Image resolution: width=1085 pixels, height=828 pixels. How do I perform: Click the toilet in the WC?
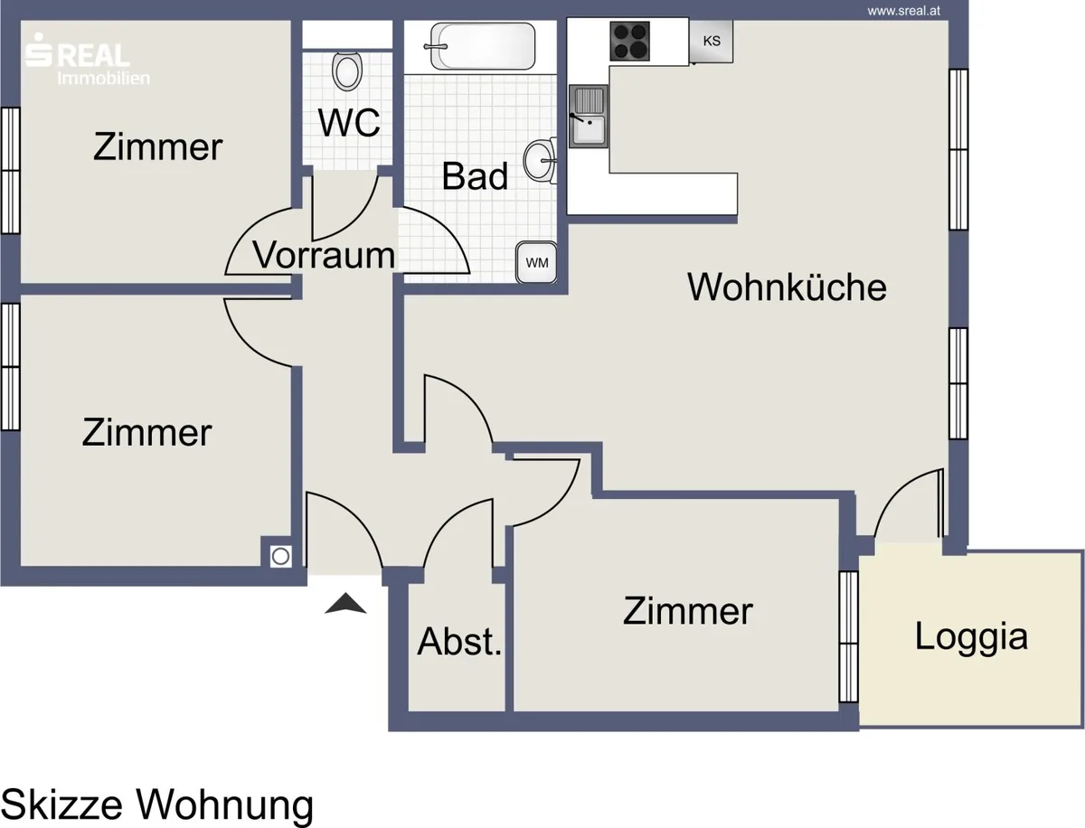(347, 71)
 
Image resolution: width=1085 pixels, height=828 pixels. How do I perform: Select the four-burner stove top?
(629, 41)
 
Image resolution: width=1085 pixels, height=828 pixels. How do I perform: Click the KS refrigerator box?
(712, 41)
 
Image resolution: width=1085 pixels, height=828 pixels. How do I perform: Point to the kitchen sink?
(589, 116)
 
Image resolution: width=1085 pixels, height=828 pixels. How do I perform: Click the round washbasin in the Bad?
(539, 161)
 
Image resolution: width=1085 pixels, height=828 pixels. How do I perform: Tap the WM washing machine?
(536, 262)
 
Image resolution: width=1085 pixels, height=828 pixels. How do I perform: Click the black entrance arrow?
(345, 603)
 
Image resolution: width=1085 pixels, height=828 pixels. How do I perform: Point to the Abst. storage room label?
(459, 642)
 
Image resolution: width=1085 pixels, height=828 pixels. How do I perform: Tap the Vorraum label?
(324, 255)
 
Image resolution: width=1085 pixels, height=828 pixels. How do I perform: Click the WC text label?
(349, 122)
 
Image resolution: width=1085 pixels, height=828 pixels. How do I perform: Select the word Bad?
(475, 176)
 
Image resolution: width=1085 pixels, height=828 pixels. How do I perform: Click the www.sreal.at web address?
(903, 11)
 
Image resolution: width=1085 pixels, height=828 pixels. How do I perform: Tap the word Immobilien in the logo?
(103, 78)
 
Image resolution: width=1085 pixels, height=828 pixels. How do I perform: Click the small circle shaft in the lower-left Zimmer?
(281, 556)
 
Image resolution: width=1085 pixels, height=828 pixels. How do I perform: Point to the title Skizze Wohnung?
(157, 804)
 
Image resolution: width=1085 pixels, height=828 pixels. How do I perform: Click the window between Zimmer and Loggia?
(849, 636)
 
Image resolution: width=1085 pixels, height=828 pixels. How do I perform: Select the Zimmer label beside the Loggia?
(687, 611)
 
